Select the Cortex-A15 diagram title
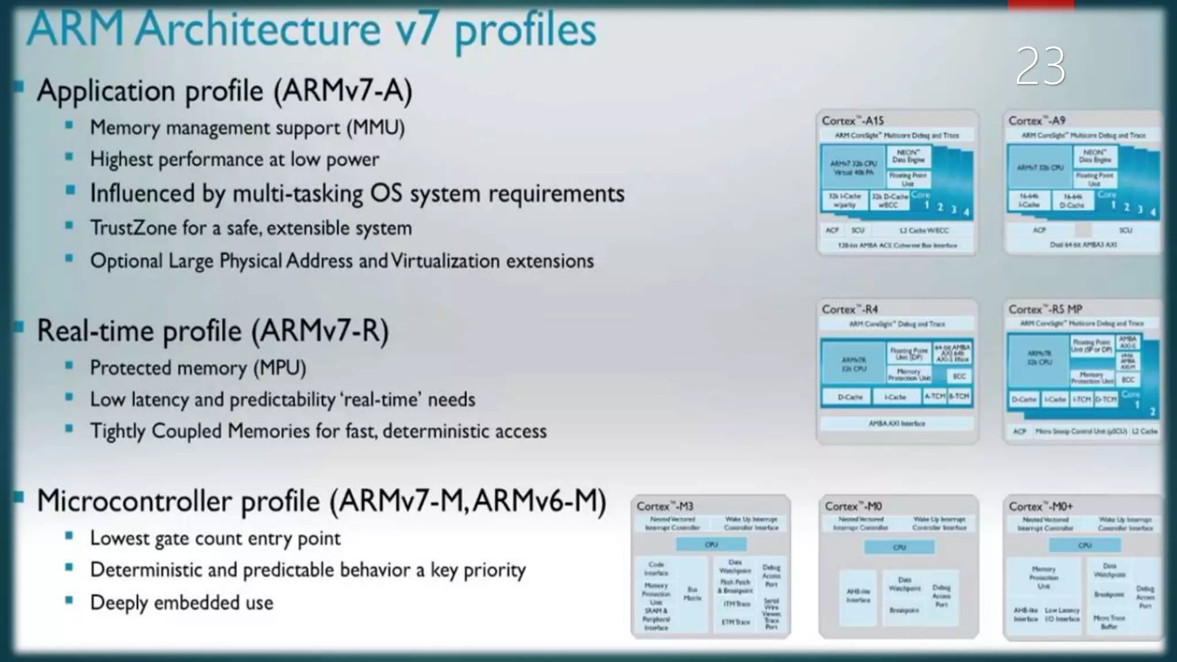852,121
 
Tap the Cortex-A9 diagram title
1037,121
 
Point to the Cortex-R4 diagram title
849,309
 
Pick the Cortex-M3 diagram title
665,506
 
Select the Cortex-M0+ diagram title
1040,506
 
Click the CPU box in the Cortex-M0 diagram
899,547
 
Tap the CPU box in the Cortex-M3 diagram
711,544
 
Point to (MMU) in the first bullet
375,128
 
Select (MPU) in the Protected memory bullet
280,368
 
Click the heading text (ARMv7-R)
320,331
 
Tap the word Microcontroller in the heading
178,501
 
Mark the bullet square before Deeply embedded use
70,600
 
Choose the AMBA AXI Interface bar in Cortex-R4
897,424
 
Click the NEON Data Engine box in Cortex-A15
908,156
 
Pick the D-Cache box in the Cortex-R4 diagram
849,397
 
